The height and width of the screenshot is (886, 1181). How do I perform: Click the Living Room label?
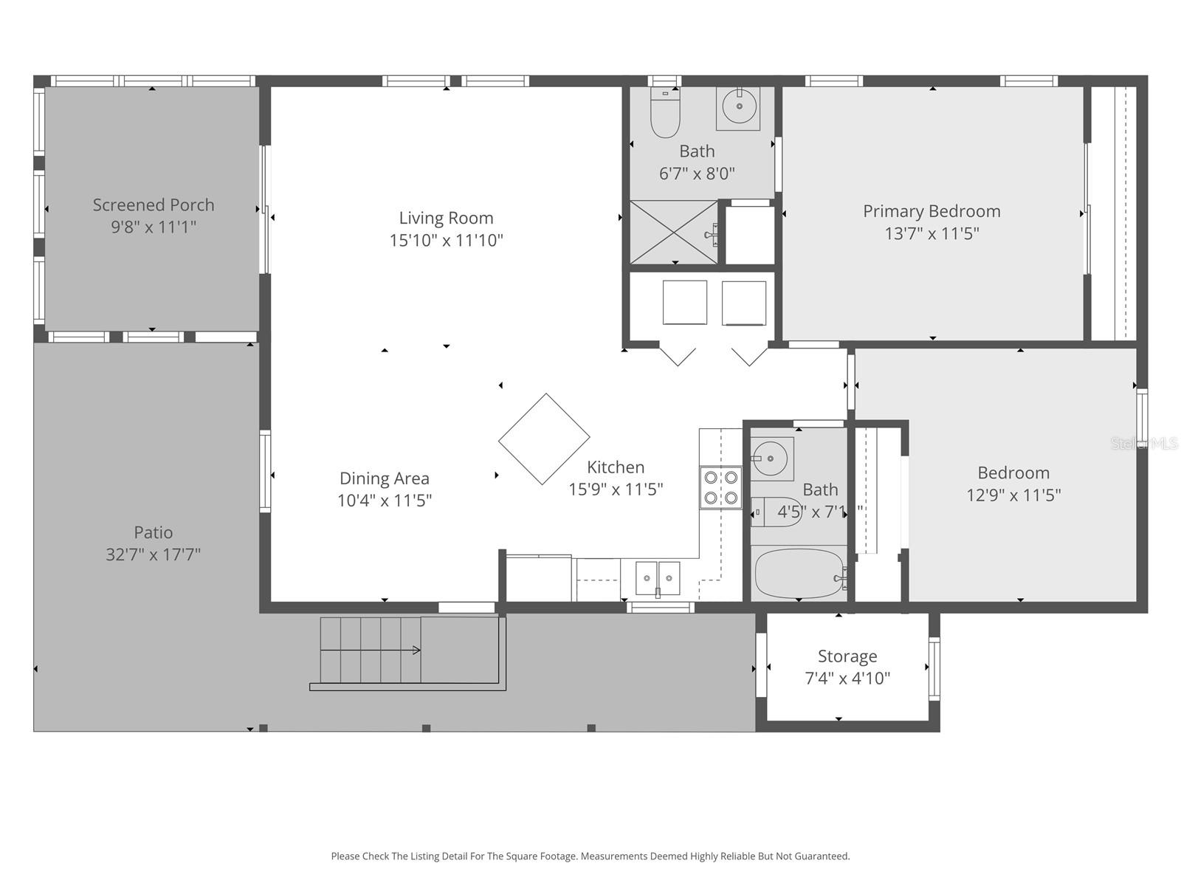tap(446, 218)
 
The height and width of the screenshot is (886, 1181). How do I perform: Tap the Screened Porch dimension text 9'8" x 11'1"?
tap(154, 227)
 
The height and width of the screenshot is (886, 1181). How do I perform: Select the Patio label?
tap(154, 532)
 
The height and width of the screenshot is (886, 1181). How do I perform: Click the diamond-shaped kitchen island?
tap(544, 439)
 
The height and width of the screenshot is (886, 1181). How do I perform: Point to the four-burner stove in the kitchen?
tap(721, 487)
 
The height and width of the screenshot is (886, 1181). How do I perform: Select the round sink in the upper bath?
tap(738, 108)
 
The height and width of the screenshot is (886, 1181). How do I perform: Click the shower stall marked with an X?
tap(673, 232)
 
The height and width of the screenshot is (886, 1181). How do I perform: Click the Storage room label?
tap(847, 656)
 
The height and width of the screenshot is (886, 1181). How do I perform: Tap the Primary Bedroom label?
tap(932, 211)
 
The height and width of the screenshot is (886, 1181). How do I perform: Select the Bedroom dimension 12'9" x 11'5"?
tap(1013, 495)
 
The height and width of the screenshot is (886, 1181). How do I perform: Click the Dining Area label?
tap(384, 478)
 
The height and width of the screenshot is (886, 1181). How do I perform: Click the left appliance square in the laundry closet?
tap(685, 302)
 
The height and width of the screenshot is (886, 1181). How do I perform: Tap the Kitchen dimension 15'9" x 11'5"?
tap(616, 490)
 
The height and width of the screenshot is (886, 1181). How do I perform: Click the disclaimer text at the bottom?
tap(590, 856)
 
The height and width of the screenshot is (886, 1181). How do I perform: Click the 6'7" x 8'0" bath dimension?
tap(697, 174)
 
